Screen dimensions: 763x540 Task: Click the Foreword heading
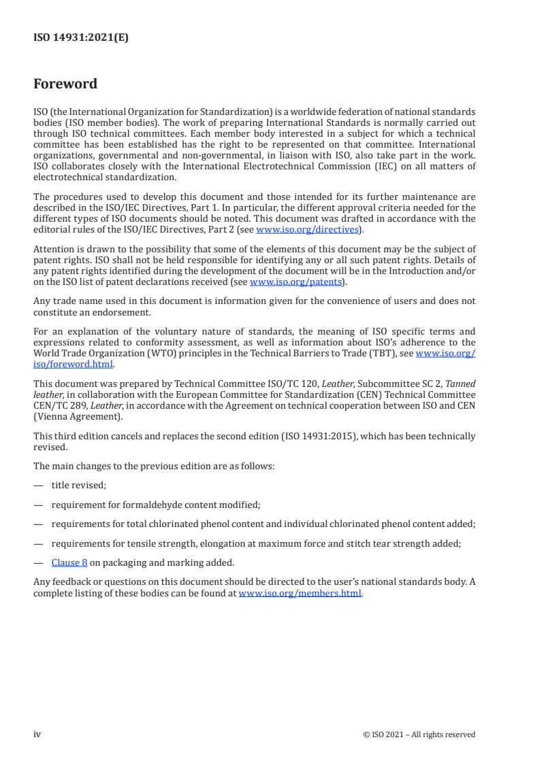click(65, 84)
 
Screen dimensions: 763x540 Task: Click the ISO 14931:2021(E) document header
click(81, 38)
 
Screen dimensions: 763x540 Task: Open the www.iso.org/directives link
click(306, 230)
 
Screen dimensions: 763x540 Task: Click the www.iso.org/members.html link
click(300, 593)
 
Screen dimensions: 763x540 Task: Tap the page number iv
click(37, 734)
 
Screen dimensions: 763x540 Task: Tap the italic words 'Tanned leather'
click(460, 384)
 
